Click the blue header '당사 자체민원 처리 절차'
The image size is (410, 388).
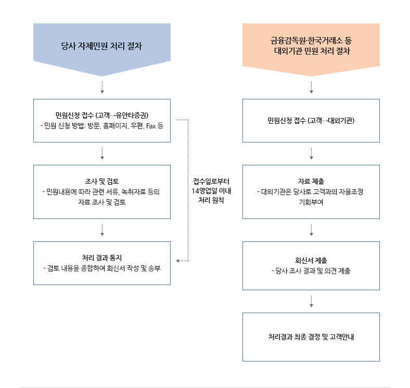(101, 46)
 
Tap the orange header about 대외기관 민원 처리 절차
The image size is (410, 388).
(311, 46)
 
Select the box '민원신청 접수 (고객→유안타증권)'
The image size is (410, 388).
(101, 120)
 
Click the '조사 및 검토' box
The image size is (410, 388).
(101, 191)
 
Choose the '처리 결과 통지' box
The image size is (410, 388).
(101, 263)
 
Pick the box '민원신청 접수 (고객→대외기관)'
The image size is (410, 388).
(311, 120)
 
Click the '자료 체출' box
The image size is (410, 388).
(311, 191)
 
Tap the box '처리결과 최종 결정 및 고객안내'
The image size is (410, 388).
(311, 337)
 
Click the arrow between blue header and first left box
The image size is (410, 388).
(102, 87)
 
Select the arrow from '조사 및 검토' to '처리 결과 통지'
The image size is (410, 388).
(102, 230)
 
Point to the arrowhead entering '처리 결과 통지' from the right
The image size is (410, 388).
(178, 260)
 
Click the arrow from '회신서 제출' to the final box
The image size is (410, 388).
(311, 301)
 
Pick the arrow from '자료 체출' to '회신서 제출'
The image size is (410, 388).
(311, 230)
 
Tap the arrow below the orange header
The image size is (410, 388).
(311, 87)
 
